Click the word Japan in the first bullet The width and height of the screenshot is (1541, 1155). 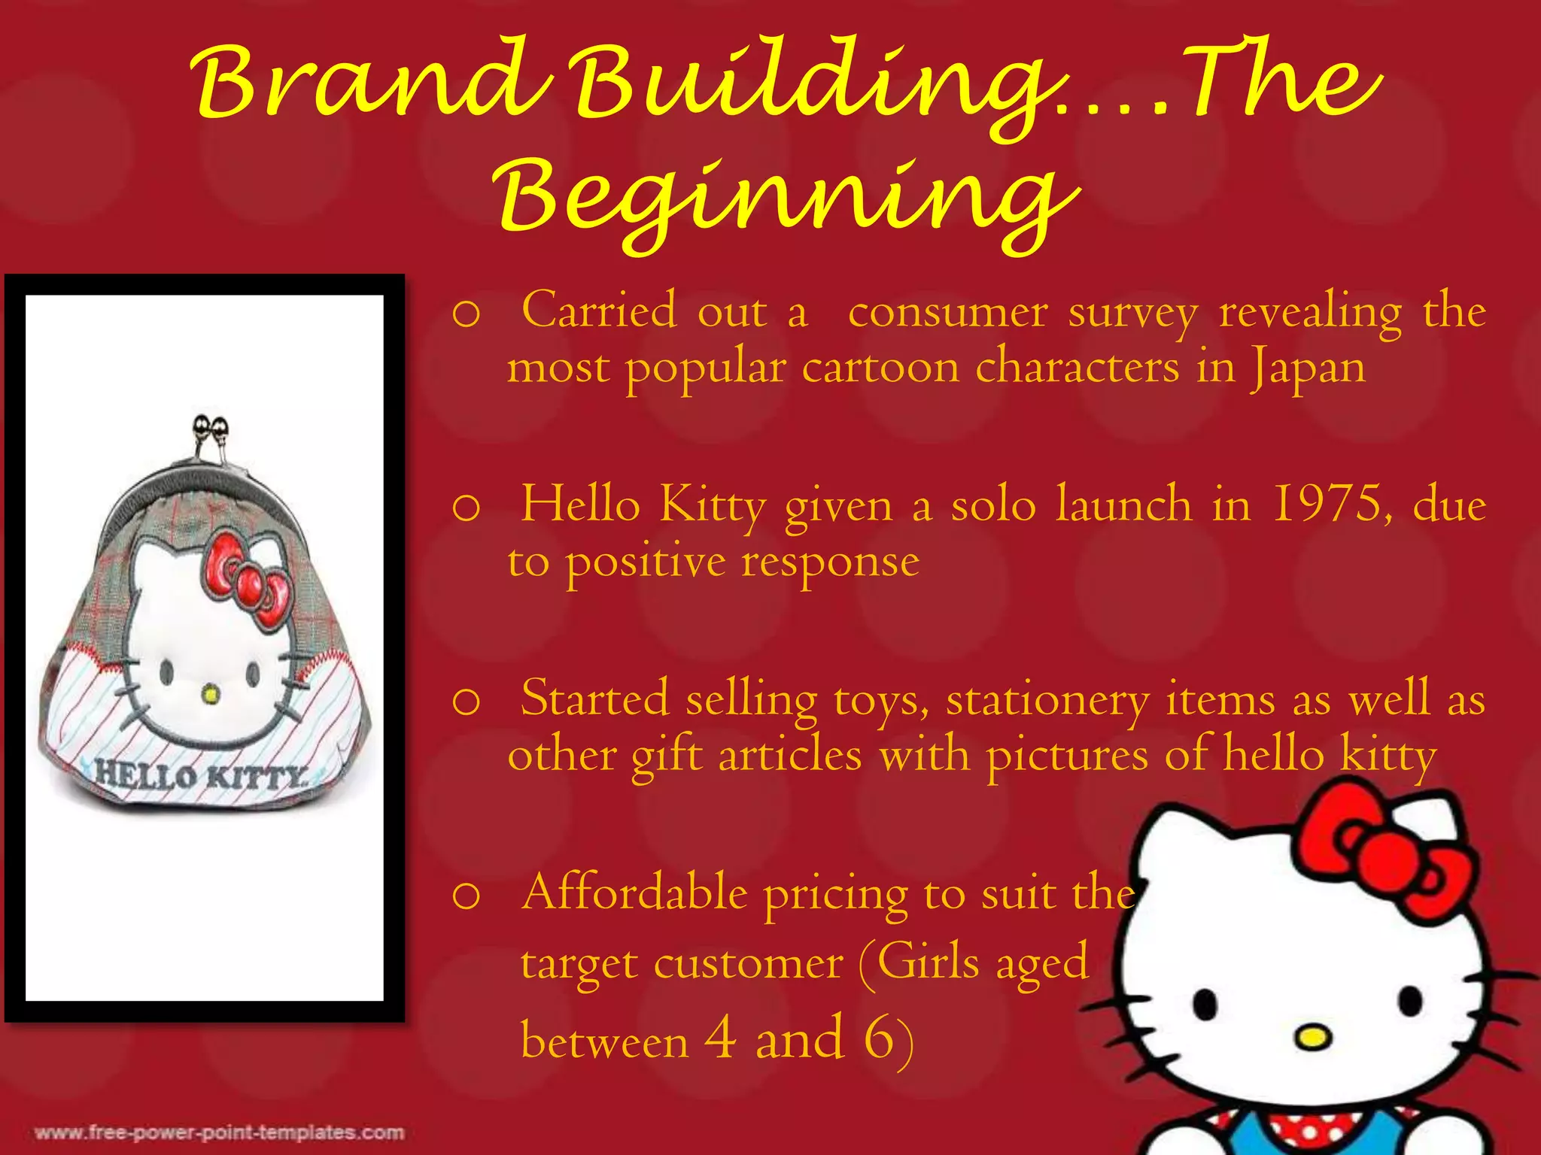point(1308,368)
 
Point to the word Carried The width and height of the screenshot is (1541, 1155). point(599,310)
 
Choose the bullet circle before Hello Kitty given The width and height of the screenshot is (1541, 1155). point(467,508)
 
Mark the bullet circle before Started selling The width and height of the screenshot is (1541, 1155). point(467,702)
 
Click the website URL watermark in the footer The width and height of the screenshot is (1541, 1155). point(219,1132)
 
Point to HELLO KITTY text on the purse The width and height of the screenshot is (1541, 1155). point(200,775)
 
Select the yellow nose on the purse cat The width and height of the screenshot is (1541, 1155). point(211,695)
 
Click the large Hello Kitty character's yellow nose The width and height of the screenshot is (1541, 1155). point(1312,1039)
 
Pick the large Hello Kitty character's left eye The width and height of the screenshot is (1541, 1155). point(1206,1004)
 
